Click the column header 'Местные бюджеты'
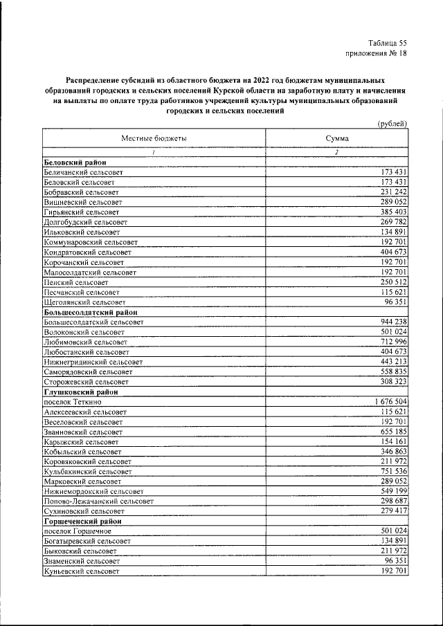pyautogui.click(x=154, y=139)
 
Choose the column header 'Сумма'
pyautogui.click(x=337, y=139)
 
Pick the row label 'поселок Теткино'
pyautogui.click(x=73, y=402)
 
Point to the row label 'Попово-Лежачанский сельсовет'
pyautogui.click(x=98, y=501)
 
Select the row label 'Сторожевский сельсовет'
pyautogui.click(x=86, y=382)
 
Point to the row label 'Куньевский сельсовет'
pyautogui.click(x=81, y=572)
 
